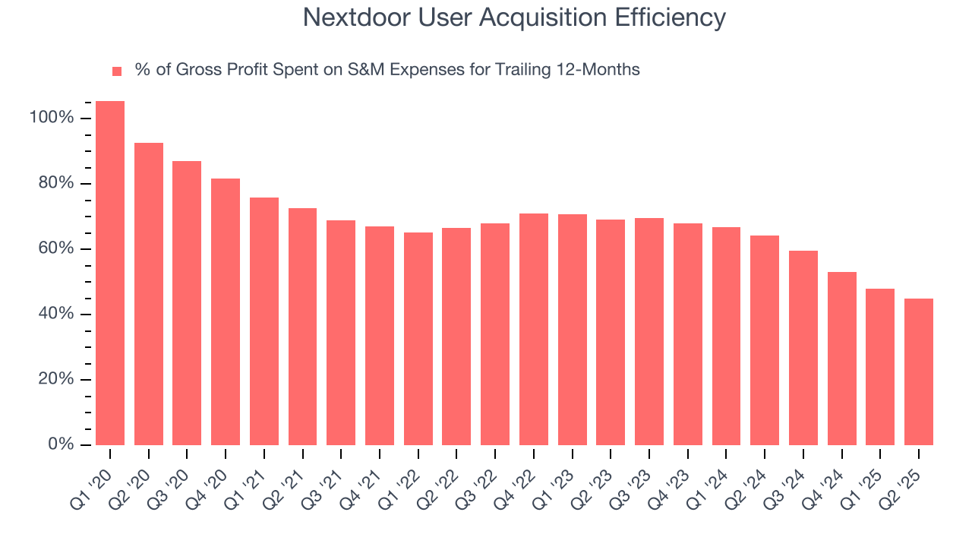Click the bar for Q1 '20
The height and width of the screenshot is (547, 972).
click(110, 273)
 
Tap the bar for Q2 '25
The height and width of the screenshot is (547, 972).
click(919, 372)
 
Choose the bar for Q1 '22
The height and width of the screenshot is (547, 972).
click(418, 338)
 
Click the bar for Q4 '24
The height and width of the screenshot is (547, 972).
click(841, 358)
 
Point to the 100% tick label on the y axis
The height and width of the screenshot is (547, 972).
click(52, 118)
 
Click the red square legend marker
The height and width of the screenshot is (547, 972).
click(117, 71)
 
